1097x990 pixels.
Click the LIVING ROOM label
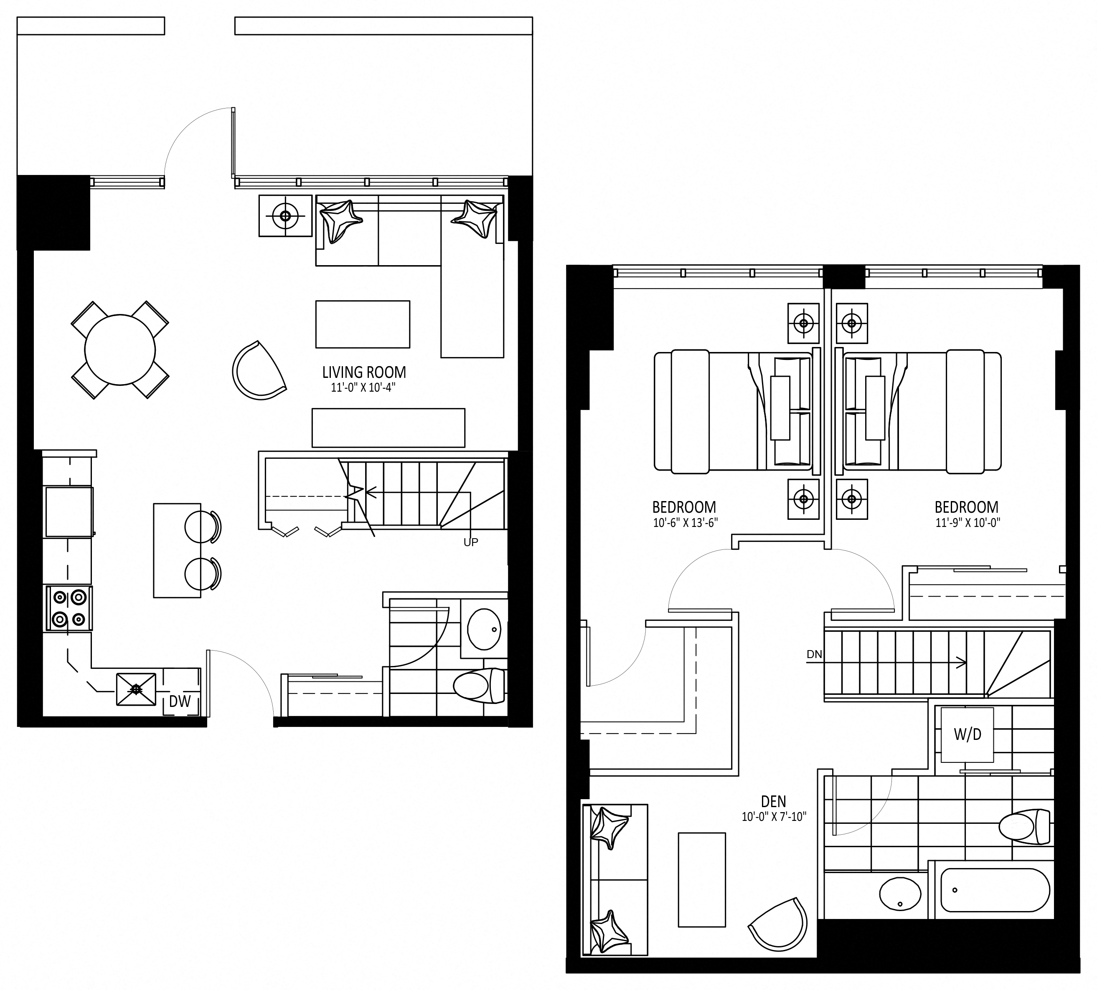[364, 372]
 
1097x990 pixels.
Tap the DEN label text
[774, 801]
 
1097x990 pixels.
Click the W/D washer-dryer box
[967, 734]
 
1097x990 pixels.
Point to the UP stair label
[471, 542]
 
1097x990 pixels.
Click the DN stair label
[814, 654]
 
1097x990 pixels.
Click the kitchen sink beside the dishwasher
[136, 690]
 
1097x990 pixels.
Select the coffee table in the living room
[363, 324]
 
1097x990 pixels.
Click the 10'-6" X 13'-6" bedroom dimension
[686, 523]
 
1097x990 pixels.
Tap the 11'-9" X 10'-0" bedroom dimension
[968, 523]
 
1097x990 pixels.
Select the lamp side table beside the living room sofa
[286, 216]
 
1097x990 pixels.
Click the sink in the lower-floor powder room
[484, 629]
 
